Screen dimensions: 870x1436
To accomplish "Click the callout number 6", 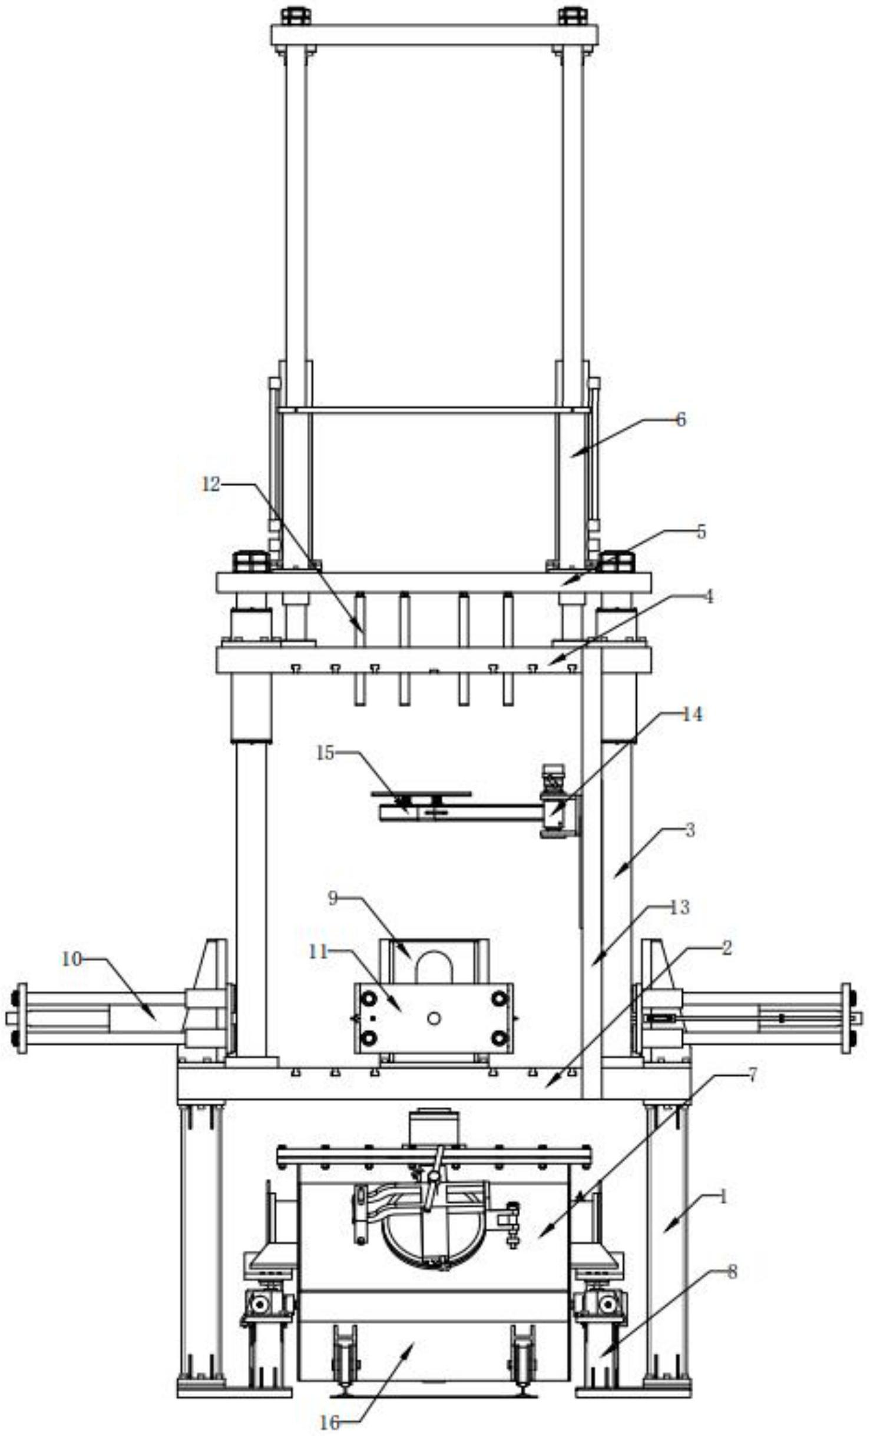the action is (x=680, y=420).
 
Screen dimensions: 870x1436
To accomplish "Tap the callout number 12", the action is (x=211, y=484).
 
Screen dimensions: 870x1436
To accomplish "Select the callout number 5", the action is (x=701, y=531).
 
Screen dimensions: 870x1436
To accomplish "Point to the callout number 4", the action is (x=709, y=596).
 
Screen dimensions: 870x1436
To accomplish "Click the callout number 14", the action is (x=692, y=714).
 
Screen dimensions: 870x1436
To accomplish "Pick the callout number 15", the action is (x=325, y=753).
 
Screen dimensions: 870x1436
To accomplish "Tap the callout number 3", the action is (x=690, y=830).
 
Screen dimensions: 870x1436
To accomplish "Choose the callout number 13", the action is (x=680, y=908).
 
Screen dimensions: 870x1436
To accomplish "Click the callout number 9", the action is (x=332, y=899).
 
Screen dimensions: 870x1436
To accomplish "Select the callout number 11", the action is (x=318, y=952).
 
